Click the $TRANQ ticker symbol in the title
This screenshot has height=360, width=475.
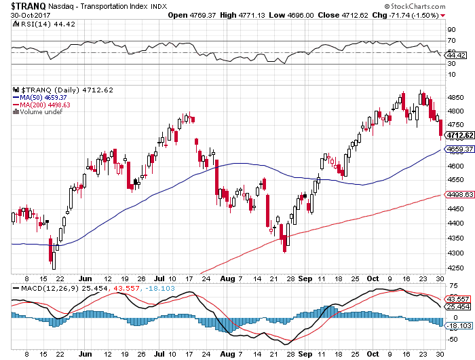[x=22, y=5]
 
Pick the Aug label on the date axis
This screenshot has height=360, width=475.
[x=226, y=279]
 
